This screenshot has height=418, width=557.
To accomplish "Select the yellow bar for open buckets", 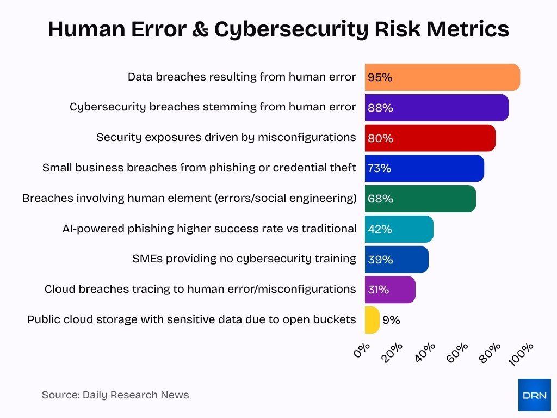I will pos(372,320).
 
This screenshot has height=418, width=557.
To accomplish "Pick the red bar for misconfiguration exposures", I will pos(430,138).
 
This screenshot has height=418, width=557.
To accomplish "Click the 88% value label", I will pos(380,108).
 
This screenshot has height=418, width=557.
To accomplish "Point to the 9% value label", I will pos(391,320).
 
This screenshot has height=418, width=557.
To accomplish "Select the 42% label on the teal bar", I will pos(380,229).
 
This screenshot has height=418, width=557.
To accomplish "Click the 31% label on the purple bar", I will pos(379,290).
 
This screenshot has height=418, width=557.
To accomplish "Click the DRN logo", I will pos(534,395).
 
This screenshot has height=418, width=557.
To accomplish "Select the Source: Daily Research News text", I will pos(115,395).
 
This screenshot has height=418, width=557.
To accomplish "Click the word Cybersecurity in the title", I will pos(290,29).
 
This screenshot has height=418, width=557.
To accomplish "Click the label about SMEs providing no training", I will pos(244,259).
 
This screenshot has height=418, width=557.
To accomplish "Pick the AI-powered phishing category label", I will pos(209,229).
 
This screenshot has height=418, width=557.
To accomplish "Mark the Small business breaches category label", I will pos(199,168).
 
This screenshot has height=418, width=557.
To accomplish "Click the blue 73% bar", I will pos(424,169).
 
